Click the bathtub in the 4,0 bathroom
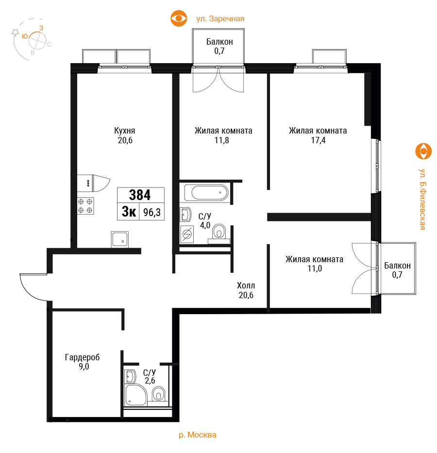[206, 193]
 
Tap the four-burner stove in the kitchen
[85, 206]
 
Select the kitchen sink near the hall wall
[120, 239]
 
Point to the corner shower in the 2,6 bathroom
[136, 395]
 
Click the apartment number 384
[140, 195]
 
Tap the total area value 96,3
[152, 212]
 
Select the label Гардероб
[83, 357]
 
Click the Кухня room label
[124, 131]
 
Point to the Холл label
[246, 285]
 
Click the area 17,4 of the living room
[318, 140]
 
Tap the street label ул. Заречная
[220, 19]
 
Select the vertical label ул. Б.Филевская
[423, 199]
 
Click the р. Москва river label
[198, 435]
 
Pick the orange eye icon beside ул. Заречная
[179, 18]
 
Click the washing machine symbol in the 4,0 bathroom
[187, 234]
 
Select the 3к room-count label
[129, 212]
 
